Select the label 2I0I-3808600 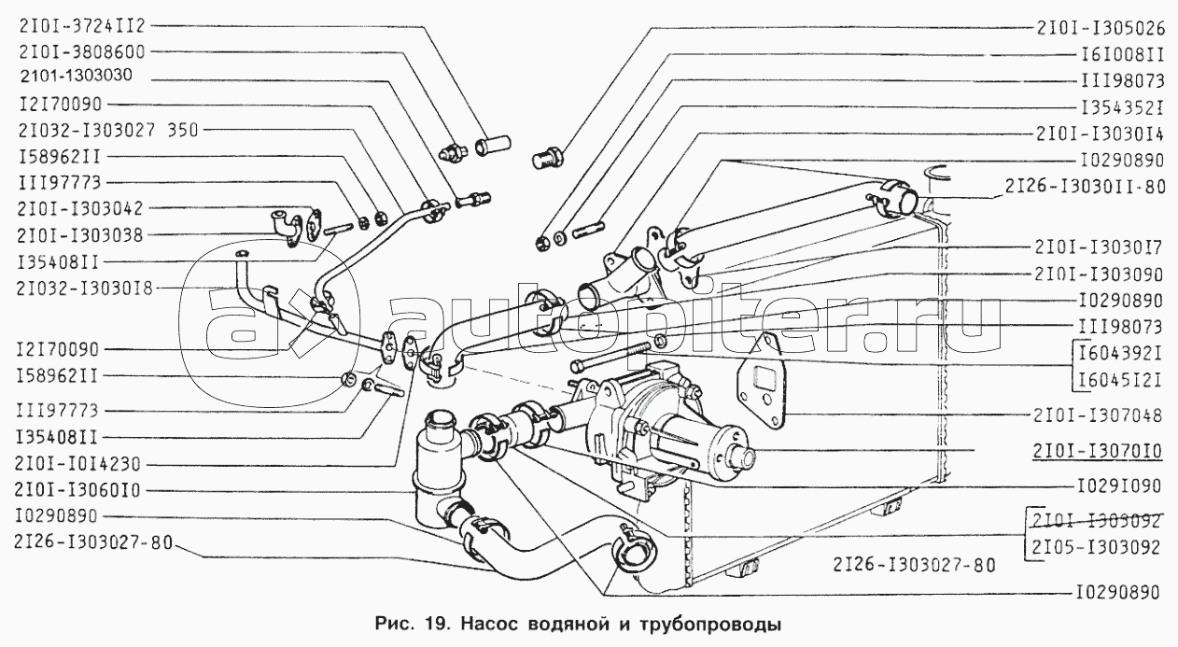[81, 51]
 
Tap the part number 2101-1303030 [77, 76]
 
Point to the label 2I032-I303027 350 [107, 130]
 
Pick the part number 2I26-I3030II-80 [1086, 187]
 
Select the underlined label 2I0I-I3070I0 [1097, 451]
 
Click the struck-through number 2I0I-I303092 [1096, 521]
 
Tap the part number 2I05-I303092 [1096, 548]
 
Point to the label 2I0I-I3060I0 [77, 490]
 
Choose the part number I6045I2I [1119, 380]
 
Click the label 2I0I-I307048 [1097, 415]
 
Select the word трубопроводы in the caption [710, 625]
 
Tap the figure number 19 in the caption [435, 625]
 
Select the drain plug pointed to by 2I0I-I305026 [550, 156]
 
